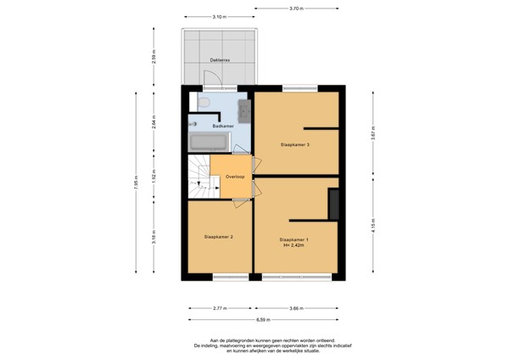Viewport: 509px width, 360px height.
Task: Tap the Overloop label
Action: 235,177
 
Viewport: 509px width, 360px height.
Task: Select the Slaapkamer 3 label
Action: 294,144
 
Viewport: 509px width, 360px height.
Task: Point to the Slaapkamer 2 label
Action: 218,237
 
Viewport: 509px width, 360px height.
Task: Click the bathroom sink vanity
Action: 243,110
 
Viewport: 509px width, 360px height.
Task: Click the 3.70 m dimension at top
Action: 295,8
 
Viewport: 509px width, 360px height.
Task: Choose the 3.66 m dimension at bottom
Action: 295,308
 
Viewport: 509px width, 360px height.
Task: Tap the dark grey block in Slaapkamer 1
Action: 333,205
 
